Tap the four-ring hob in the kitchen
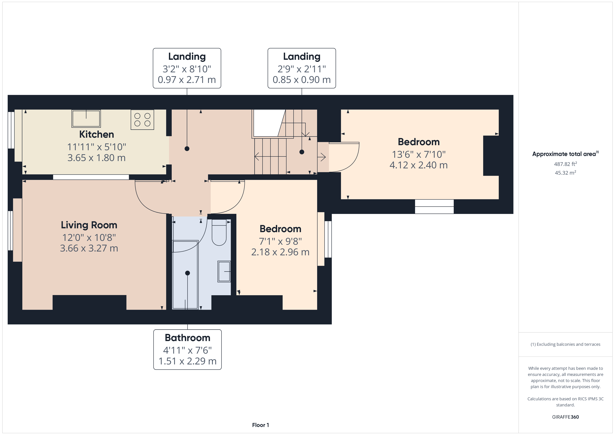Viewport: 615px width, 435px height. coord(142,120)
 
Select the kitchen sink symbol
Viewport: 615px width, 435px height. coord(86,118)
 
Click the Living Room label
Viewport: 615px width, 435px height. coord(89,225)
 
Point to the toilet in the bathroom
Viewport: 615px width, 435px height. coord(219,232)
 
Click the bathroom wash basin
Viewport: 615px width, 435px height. coord(224,271)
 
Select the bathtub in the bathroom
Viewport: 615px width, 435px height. coord(185,274)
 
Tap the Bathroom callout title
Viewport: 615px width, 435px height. coord(188,338)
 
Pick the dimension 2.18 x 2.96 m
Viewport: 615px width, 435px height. coord(280,252)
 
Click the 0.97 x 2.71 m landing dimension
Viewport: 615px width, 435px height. coord(187,80)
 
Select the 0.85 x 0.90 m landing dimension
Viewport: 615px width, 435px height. coord(302,80)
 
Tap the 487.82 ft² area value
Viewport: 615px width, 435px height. coord(565,164)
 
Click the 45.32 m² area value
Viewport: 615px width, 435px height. coord(565,173)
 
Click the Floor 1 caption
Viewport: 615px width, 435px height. coord(260,425)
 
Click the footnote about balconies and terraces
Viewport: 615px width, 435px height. coord(565,344)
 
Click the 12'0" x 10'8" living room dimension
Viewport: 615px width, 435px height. coord(89,238)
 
